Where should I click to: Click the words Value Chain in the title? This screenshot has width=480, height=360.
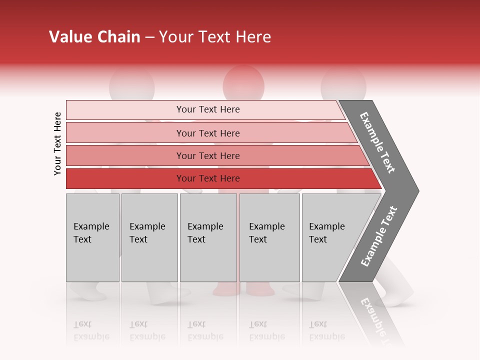click(x=94, y=37)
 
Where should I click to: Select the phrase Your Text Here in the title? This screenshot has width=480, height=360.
click(x=215, y=37)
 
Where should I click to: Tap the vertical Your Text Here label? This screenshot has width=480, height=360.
click(x=57, y=143)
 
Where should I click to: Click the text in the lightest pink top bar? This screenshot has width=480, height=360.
click(x=208, y=109)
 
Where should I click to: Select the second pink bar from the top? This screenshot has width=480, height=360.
click(x=208, y=133)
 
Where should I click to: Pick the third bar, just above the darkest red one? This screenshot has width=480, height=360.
click(x=208, y=155)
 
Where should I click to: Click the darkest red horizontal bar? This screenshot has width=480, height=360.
click(x=208, y=178)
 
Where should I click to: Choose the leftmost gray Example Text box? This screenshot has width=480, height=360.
click(x=92, y=237)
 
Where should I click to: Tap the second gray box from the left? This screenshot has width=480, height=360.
click(x=149, y=237)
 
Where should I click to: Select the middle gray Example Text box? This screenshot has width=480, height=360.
click(x=208, y=237)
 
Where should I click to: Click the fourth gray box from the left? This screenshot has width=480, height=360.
click(x=269, y=237)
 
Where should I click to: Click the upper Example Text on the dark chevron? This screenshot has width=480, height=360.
click(x=377, y=142)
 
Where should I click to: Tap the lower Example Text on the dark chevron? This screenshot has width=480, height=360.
click(x=378, y=236)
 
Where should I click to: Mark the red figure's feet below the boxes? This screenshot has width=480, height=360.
click(x=243, y=289)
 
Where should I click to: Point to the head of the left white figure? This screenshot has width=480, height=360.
click(x=132, y=81)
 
